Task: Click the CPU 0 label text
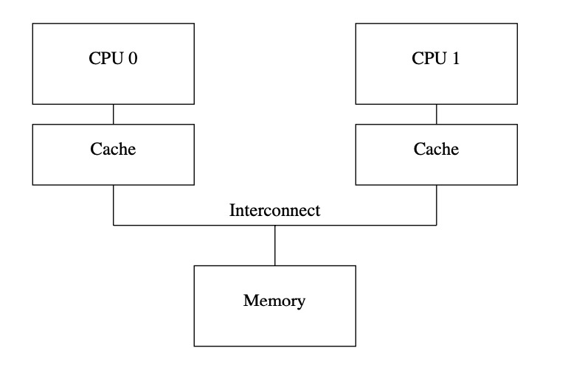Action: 113,60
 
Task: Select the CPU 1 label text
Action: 436,60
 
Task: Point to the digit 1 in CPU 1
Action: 456,60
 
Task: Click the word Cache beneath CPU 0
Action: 113,149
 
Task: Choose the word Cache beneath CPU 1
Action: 436,149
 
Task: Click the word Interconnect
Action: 274,210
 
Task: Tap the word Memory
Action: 274,301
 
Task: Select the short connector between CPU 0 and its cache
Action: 113,114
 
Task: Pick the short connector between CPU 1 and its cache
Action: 437,114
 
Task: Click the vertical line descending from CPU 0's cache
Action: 113,204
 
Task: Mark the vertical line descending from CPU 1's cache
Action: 437,204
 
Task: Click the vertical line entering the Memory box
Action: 275,245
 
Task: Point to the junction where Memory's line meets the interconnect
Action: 275,224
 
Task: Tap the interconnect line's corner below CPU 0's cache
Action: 113,224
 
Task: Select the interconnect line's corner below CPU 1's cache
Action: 437,224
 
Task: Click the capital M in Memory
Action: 249,301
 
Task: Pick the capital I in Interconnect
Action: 232,210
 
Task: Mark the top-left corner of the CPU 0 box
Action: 32,23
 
